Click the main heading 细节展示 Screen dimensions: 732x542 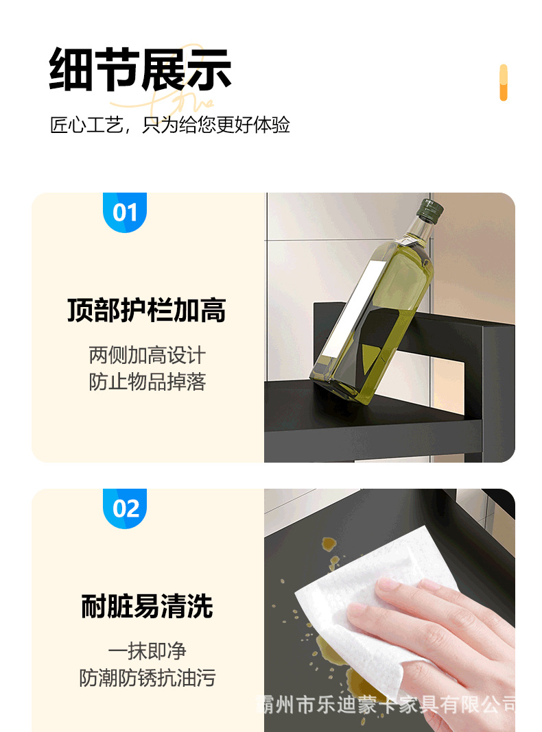tap(141, 70)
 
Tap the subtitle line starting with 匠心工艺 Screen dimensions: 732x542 tap(170, 125)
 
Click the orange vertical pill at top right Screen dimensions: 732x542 tap(503, 83)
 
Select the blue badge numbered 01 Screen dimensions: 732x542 tap(125, 212)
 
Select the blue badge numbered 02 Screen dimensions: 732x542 tap(125, 509)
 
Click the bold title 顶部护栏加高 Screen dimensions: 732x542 tap(147, 310)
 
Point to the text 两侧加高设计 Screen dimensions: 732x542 tap(147, 355)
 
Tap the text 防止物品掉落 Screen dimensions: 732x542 tap(147, 382)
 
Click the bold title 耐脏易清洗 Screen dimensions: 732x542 tap(147, 607)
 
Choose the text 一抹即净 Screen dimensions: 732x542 tap(147, 651)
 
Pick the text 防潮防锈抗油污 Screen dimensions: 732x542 tap(147, 679)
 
